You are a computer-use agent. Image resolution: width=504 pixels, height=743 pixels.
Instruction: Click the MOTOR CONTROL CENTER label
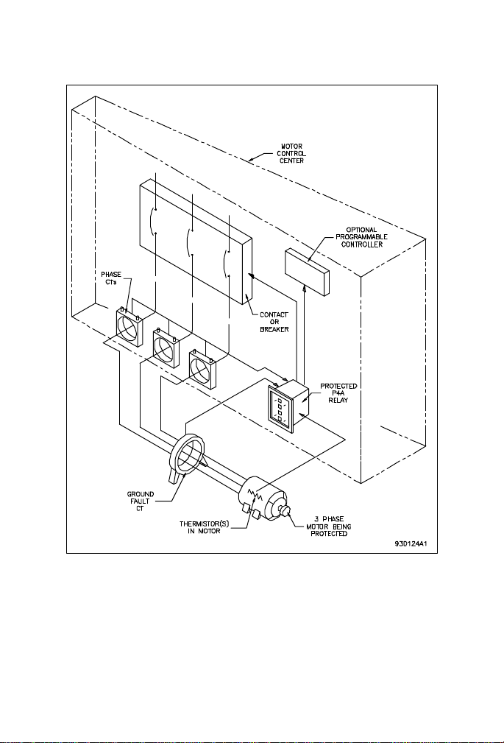click(291, 153)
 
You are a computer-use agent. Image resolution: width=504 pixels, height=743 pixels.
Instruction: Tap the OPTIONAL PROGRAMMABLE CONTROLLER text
click(361, 237)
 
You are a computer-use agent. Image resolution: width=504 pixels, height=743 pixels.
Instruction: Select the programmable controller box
click(307, 272)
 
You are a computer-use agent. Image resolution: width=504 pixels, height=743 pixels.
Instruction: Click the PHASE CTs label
click(111, 278)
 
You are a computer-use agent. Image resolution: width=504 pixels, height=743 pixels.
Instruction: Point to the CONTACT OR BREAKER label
click(274, 322)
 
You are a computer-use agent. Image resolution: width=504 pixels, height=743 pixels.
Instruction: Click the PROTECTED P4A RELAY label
click(338, 392)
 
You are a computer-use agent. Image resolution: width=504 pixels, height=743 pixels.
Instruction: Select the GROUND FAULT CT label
click(141, 501)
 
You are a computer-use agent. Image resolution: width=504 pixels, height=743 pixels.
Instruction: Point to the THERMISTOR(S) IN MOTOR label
click(204, 527)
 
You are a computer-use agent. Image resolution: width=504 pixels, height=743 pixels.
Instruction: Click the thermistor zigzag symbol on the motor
click(255, 497)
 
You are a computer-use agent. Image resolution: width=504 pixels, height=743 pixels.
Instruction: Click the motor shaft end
click(284, 511)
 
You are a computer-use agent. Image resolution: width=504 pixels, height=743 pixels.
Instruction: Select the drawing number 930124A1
click(411, 543)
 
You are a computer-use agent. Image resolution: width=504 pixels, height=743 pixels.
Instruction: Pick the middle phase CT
click(166, 348)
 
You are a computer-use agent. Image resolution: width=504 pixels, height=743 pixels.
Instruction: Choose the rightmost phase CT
click(203, 369)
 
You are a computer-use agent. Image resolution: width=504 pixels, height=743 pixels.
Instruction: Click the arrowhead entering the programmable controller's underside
click(304, 289)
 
